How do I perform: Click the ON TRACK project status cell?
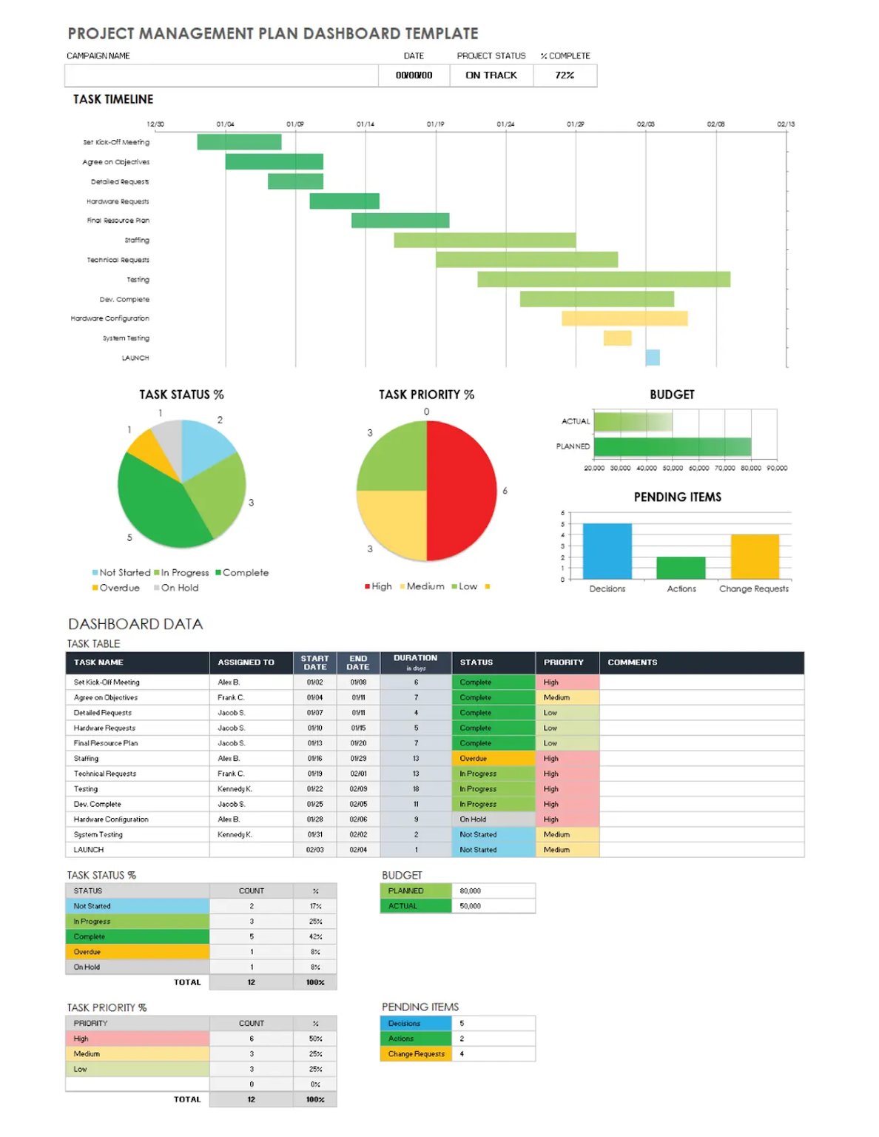click(491, 75)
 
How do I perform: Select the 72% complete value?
click(565, 75)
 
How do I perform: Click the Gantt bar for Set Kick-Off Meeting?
click(239, 142)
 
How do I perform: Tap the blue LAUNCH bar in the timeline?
click(652, 358)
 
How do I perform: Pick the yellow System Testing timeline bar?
click(617, 338)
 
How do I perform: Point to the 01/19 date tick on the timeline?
click(435, 124)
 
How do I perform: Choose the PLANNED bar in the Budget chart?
click(672, 446)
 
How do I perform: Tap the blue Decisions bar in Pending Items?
click(607, 551)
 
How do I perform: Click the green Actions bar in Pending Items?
click(681, 568)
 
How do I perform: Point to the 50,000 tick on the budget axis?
click(672, 468)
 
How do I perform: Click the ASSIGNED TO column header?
click(246, 663)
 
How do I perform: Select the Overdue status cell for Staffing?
click(493, 759)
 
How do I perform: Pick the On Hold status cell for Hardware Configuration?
click(493, 819)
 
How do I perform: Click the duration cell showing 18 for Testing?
click(416, 789)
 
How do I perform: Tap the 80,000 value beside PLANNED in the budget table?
click(471, 891)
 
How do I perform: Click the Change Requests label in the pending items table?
click(416, 1054)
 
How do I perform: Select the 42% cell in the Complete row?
click(315, 936)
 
